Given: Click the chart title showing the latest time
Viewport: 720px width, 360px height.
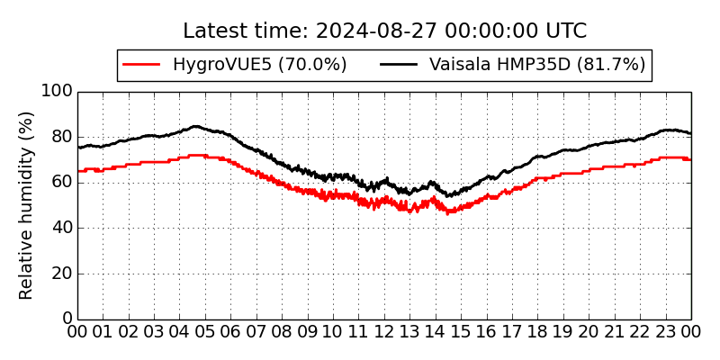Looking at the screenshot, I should (x=384, y=31).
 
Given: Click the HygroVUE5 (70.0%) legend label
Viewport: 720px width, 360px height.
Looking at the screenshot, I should (x=259, y=65).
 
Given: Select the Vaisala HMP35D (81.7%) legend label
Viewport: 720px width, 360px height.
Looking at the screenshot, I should (x=537, y=65).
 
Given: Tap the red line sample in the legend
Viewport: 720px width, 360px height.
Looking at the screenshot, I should (x=141, y=65).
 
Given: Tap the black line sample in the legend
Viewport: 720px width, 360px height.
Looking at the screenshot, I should (x=399, y=65).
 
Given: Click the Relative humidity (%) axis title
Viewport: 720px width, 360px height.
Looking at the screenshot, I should (x=27, y=205).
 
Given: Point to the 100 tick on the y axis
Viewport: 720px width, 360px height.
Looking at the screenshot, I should (x=56, y=91).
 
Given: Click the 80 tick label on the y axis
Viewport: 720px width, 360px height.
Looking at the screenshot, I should (x=60, y=137).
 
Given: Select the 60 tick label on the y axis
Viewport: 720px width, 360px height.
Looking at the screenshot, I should (x=60, y=183).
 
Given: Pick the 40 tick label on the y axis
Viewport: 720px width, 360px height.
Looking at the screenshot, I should (x=60, y=228).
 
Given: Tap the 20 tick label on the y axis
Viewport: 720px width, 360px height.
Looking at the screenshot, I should (x=60, y=274).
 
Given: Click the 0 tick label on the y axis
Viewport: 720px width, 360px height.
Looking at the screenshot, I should (x=66, y=319).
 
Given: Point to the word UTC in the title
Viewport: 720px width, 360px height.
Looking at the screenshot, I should (x=566, y=31).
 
